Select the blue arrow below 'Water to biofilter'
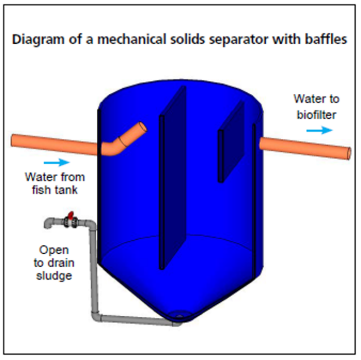click(318, 129)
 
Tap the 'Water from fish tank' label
click(54, 183)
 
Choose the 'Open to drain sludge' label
click(54, 263)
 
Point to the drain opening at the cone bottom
click(180, 315)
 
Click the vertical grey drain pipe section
click(95, 271)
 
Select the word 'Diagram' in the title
click(36, 39)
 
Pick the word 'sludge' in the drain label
click(54, 276)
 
